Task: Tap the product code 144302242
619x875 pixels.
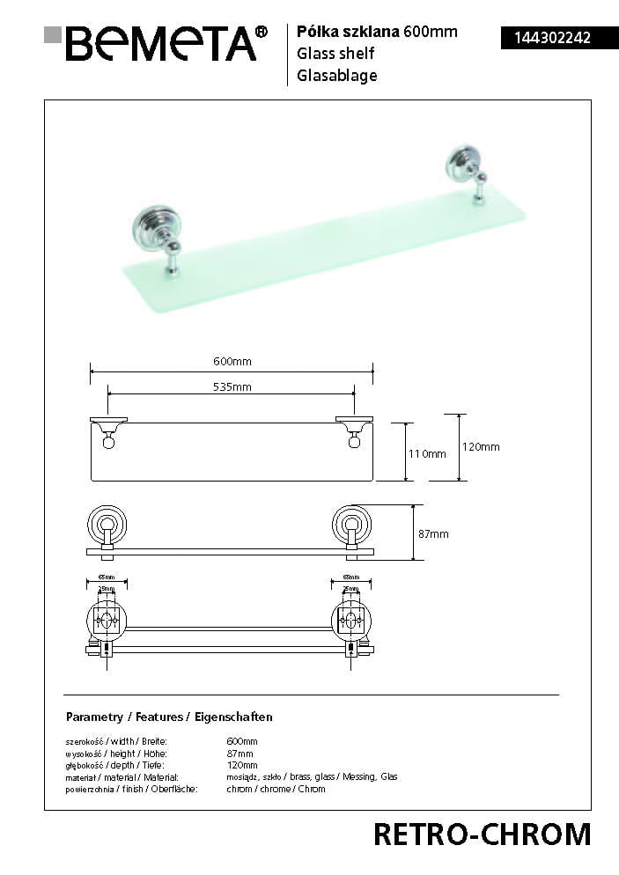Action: tap(546, 38)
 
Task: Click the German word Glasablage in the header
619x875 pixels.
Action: tap(337, 76)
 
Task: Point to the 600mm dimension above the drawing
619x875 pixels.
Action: tap(232, 362)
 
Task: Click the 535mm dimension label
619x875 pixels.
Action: tap(232, 387)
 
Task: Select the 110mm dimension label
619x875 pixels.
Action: tap(427, 453)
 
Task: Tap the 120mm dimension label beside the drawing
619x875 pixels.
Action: tap(481, 446)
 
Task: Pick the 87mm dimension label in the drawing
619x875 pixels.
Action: tap(433, 533)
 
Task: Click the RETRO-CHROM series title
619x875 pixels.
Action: tap(482, 834)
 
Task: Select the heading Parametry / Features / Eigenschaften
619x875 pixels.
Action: tap(169, 717)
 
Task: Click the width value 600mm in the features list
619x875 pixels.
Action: tap(242, 741)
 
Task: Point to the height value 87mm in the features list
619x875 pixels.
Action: tap(239, 754)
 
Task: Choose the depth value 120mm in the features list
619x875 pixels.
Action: tap(242, 765)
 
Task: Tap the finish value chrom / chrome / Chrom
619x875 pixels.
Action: tap(276, 789)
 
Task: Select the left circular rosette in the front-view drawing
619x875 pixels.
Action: tap(107, 526)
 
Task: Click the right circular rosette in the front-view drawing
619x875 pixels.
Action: tap(351, 526)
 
